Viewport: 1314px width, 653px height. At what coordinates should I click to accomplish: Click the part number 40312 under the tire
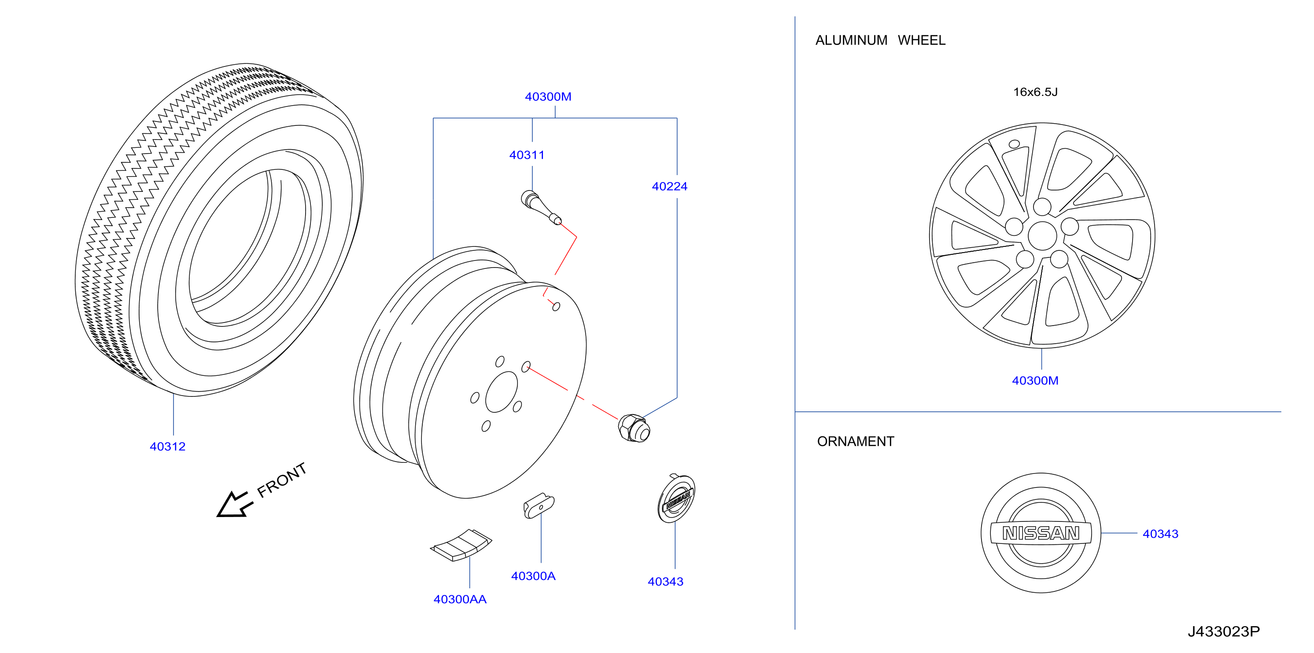click(x=167, y=447)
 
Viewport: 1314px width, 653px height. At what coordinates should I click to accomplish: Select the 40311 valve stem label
click(x=527, y=155)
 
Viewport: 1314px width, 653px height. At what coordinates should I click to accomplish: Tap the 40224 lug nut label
click(x=669, y=187)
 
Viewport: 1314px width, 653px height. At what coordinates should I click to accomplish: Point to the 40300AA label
click(x=460, y=599)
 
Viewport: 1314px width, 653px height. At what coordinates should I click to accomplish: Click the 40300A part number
click(x=533, y=576)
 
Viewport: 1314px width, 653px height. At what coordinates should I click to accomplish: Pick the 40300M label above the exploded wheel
click(x=548, y=97)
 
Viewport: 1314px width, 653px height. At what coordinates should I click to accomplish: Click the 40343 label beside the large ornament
click(x=1160, y=534)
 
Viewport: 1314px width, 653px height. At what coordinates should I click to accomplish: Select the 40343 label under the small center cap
click(x=665, y=582)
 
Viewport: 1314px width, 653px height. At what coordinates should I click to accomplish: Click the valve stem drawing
click(x=541, y=207)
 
